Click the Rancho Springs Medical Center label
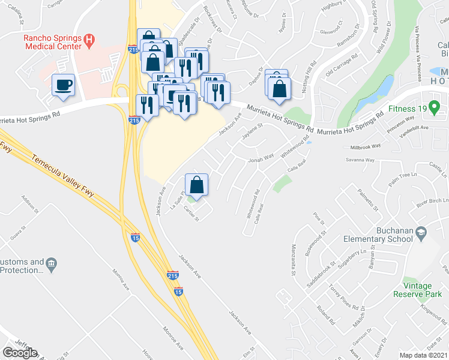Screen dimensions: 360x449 coord(52,44)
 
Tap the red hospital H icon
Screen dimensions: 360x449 coord(90,41)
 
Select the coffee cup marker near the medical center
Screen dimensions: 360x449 coord(63,85)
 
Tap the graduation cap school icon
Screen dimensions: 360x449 coord(421,232)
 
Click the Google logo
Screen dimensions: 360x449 coord(20,353)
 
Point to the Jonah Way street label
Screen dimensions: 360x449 coord(261,158)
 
